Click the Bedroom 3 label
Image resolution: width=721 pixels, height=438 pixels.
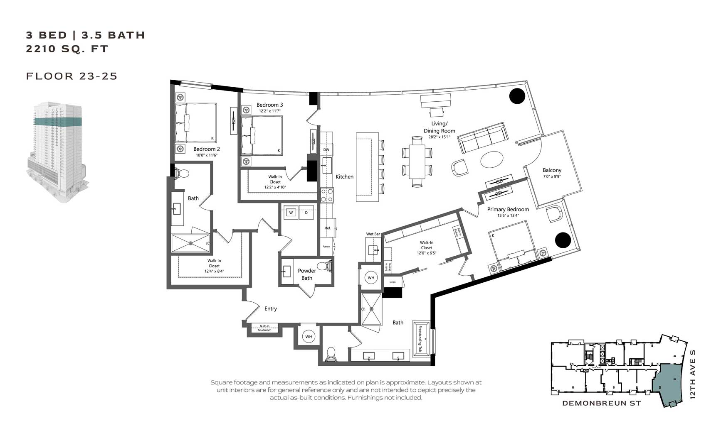click(269, 105)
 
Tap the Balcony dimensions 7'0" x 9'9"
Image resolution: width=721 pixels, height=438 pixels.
click(552, 176)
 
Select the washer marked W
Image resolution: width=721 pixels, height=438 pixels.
click(291, 213)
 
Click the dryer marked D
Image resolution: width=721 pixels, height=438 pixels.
click(306, 213)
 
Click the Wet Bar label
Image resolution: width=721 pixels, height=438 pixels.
click(373, 234)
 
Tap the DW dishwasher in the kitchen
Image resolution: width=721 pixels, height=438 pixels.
click(326, 149)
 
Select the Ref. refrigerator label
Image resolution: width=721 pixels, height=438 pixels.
click(328, 228)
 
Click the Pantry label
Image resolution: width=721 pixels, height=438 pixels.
click(326, 247)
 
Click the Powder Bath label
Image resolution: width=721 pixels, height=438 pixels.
click(307, 274)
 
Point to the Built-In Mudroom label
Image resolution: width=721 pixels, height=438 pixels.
click(264, 328)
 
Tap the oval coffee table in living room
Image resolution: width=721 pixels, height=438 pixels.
click(492, 159)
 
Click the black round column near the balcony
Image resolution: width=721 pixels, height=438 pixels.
click(517, 96)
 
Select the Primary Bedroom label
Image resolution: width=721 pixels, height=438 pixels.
click(508, 209)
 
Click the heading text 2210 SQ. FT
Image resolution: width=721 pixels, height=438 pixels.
click(67, 49)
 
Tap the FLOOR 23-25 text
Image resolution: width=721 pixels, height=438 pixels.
click(72, 76)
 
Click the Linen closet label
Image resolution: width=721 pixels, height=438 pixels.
click(393, 282)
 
